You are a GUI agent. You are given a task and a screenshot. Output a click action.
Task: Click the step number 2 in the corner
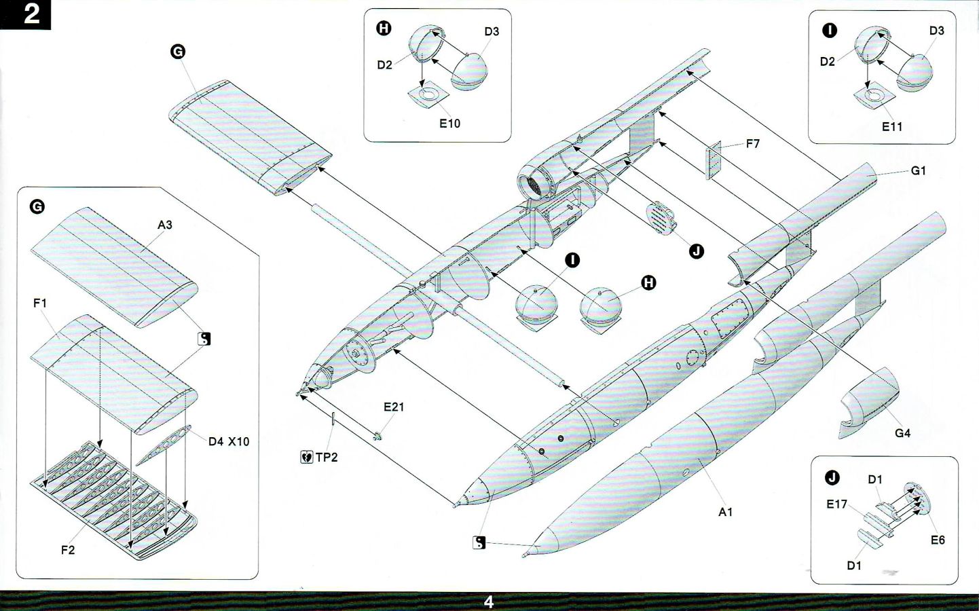pos(31,14)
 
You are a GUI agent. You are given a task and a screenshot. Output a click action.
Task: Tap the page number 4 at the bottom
pos(489,601)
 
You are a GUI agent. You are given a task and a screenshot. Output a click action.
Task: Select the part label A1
pos(726,512)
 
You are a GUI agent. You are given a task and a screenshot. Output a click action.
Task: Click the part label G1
pos(918,171)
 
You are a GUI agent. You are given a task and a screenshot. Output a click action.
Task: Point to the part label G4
pos(902,433)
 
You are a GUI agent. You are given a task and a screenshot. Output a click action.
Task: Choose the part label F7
pos(752,144)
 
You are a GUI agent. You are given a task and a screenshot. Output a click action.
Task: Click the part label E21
pos(394,407)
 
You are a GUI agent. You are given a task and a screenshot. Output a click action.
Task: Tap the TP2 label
pos(327,458)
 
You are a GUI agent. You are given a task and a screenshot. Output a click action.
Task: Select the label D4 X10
pos(229,442)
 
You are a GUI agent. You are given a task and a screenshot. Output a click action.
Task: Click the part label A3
pos(165,225)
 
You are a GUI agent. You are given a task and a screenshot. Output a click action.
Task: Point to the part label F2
pos(68,550)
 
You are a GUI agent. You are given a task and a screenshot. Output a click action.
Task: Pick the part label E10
pos(449,124)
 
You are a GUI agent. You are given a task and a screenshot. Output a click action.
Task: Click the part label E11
pos(892,127)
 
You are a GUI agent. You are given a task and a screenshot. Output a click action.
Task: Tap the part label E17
pos(837,504)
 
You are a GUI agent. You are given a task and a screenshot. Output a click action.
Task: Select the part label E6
pos(938,540)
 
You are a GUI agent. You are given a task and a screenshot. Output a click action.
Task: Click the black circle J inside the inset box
pos(832,478)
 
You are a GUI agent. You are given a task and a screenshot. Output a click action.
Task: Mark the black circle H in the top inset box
pos(384,28)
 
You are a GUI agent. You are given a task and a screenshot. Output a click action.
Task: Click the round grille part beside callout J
pos(661,218)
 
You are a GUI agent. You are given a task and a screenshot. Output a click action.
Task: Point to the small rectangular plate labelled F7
pos(714,162)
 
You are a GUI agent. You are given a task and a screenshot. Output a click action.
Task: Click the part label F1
pos(40,303)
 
